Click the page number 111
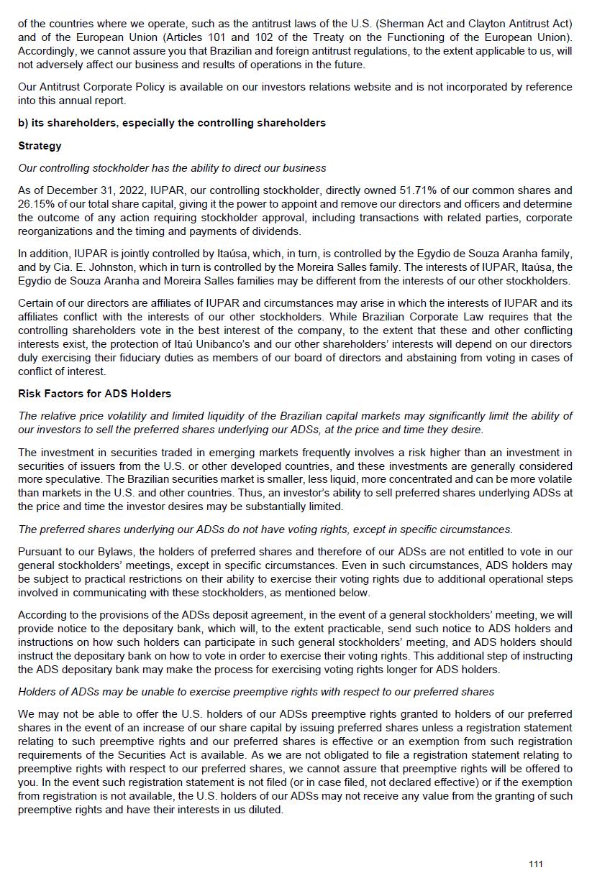(536, 864)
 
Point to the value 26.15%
(35, 204)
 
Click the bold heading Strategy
(40, 146)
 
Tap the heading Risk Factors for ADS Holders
(94, 394)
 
